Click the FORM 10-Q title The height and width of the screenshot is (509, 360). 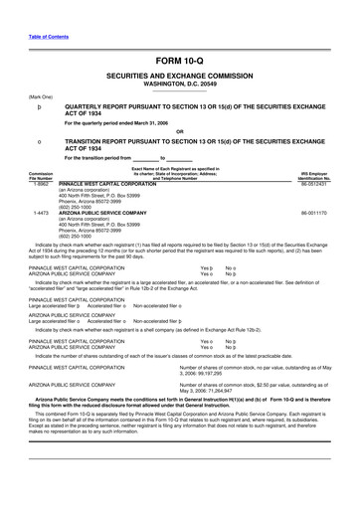coord(180,60)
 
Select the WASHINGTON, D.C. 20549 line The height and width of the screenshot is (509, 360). coord(180,85)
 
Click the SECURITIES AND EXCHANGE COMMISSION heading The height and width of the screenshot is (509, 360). coord(180,77)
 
